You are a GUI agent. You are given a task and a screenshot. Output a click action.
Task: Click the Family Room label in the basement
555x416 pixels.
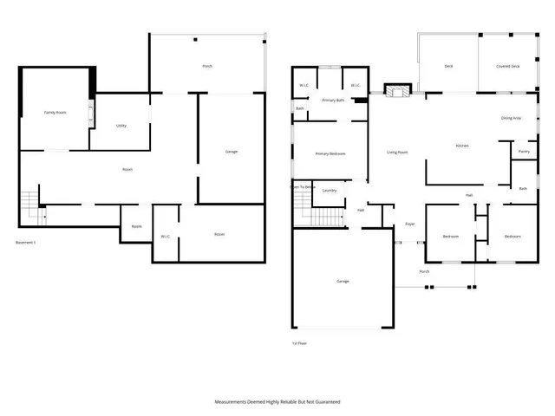(55, 113)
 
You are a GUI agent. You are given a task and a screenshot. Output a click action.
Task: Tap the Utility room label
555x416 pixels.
(121, 126)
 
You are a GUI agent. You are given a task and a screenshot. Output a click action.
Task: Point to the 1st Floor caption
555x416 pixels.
(299, 343)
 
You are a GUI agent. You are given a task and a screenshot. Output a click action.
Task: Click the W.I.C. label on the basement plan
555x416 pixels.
(165, 236)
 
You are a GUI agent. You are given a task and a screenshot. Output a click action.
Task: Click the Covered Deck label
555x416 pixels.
(508, 66)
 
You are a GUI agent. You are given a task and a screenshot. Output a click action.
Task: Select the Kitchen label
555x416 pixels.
(462, 146)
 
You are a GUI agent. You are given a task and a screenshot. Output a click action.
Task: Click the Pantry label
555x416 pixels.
(524, 152)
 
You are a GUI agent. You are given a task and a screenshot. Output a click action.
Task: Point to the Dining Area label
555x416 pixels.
(511, 118)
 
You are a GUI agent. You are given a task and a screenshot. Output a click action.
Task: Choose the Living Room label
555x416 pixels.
(397, 153)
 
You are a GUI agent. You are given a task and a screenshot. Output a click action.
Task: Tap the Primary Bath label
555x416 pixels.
(334, 101)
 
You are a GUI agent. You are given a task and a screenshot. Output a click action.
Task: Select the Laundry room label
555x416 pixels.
(329, 190)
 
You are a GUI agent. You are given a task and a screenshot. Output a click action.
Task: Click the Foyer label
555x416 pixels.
(409, 224)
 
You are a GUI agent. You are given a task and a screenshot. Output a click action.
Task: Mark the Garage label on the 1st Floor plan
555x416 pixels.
(343, 281)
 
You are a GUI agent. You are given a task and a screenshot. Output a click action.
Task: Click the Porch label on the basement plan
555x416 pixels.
(206, 66)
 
